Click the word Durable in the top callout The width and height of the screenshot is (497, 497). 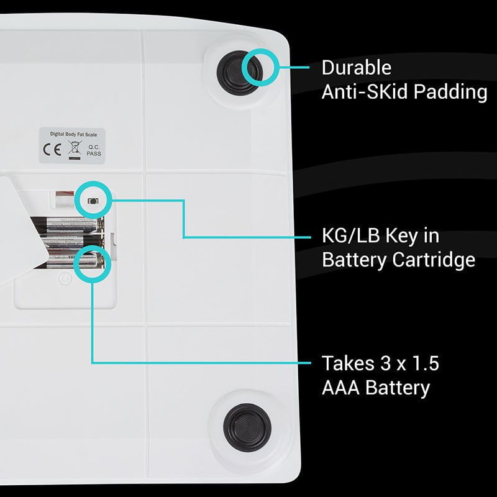(x=357, y=67)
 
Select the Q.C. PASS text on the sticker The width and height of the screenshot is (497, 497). (x=93, y=150)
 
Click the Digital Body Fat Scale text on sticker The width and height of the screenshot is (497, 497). (x=73, y=133)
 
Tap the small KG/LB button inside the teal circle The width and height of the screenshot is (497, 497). (x=93, y=201)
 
